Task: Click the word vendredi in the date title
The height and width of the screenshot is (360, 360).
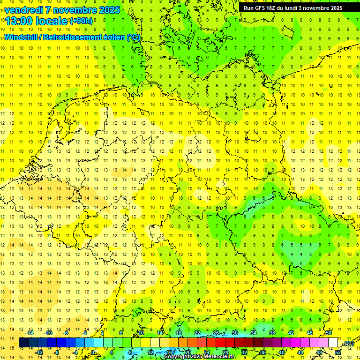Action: tap(26, 10)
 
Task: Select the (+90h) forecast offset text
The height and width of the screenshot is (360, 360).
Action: tap(81, 21)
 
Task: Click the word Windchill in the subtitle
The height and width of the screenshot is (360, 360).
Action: tap(22, 37)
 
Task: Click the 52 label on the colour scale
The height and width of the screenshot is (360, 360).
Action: tap(338, 352)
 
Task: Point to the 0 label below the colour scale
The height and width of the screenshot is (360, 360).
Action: tap(93, 352)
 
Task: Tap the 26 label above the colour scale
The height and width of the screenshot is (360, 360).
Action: tap(216, 333)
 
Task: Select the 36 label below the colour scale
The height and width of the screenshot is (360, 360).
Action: tap(262, 352)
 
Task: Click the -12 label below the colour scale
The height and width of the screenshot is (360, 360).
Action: tap(39, 352)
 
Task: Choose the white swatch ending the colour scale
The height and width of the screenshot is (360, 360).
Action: tap(333, 343)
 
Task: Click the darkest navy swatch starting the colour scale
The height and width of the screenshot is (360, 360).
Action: tap(23, 343)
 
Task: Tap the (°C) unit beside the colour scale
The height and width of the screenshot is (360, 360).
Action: tap(348, 343)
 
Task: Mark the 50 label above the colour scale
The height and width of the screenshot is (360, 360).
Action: tap(329, 333)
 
